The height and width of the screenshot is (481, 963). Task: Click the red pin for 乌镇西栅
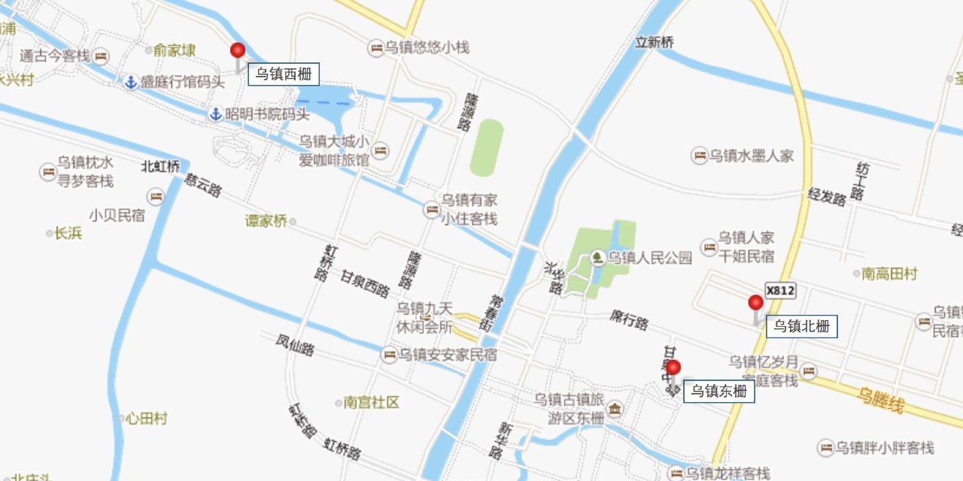tap(238, 51)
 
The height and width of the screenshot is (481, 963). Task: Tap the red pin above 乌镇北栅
tap(755, 303)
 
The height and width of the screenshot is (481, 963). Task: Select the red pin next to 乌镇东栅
tap(673, 368)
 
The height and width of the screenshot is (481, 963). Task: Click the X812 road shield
tap(780, 291)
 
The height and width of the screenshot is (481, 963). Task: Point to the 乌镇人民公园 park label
tap(650, 259)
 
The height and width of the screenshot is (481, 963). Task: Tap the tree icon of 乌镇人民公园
tap(597, 259)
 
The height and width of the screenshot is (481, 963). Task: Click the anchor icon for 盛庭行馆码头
tap(130, 82)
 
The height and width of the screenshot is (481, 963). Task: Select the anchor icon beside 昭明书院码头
tap(215, 114)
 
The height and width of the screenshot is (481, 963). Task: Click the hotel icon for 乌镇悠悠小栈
tap(375, 48)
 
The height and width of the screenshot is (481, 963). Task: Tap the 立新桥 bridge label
tap(654, 43)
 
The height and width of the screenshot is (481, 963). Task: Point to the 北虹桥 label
tap(160, 166)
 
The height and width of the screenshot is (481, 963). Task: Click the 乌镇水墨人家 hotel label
tap(752, 156)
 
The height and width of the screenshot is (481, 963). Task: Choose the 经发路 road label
tap(827, 198)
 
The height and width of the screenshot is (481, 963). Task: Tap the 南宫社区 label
tap(371, 403)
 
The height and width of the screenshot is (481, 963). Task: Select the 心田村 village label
tap(146, 419)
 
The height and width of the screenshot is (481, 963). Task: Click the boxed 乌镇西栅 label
tap(284, 74)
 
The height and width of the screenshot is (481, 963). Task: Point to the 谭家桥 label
tap(266, 221)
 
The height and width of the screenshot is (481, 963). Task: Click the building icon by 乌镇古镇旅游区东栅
tap(615, 409)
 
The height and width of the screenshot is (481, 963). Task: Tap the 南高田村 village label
tap(889, 274)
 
